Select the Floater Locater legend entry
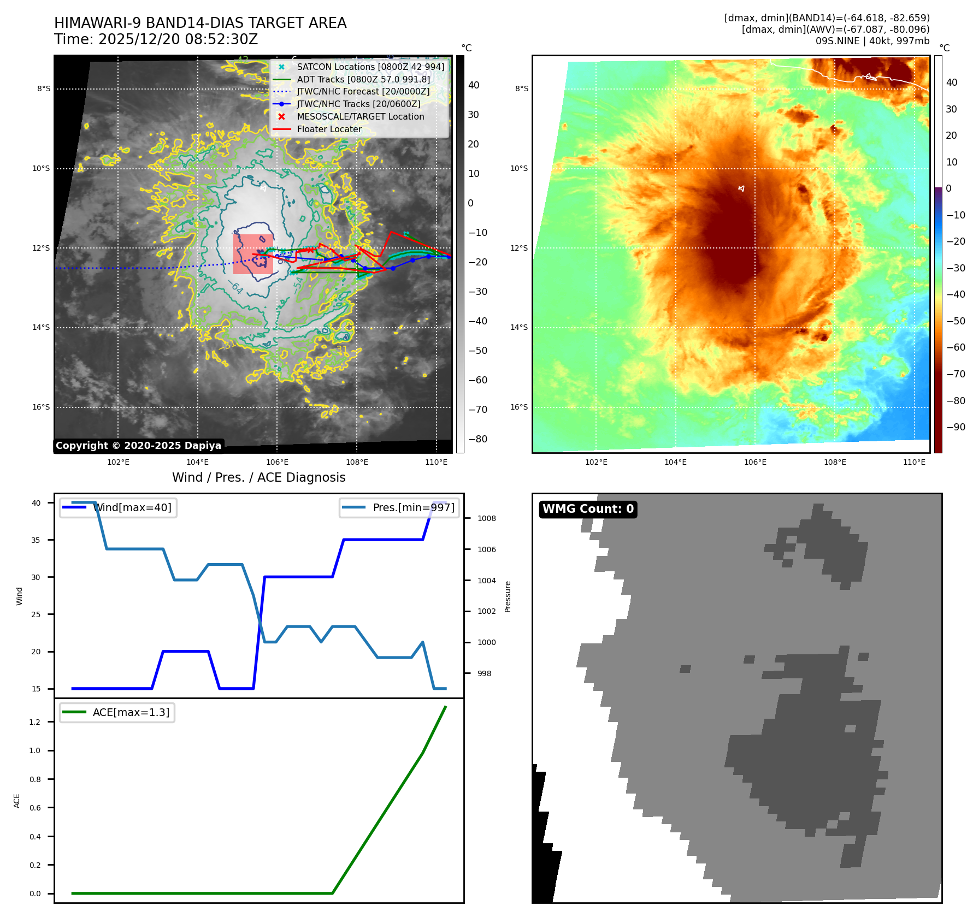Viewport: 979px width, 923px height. point(329,129)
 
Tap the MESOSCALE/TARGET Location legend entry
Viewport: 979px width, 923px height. point(360,117)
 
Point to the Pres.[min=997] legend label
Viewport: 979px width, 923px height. point(414,508)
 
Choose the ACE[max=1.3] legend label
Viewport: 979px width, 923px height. point(131,713)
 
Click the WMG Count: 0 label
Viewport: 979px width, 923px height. point(588,509)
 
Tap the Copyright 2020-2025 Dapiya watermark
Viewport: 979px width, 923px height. point(138,446)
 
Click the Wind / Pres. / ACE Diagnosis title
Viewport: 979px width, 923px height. point(259,478)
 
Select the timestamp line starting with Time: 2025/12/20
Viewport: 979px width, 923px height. point(156,40)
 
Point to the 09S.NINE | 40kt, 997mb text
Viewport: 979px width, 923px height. point(872,41)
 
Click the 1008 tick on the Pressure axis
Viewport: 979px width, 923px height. point(486,519)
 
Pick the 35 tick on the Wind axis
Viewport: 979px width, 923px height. point(36,540)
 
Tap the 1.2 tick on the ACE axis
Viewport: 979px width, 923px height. point(35,723)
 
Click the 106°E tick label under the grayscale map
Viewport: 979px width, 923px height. point(278,463)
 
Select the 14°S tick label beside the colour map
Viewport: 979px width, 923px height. point(519,328)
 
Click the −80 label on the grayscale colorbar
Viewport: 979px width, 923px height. point(478,440)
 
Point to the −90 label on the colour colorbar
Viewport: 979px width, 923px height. point(956,428)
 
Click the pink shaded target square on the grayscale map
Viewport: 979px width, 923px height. point(253,254)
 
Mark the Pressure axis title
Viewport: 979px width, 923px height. point(508,596)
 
